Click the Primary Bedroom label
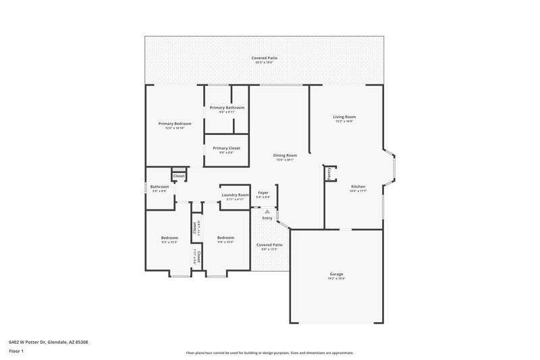[x=175, y=124]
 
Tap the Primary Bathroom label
[x=227, y=107]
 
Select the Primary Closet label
[x=226, y=148]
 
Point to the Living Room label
[x=344, y=117]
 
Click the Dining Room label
[x=286, y=155]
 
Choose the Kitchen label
[x=358, y=186]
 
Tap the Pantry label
[x=329, y=174]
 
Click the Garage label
[x=336, y=274]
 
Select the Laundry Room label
[x=235, y=195]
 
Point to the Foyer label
[x=263, y=192]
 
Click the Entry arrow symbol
[x=267, y=211]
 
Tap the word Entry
[x=267, y=217]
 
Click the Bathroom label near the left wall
[x=159, y=186]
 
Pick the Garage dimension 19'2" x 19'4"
[x=336, y=279]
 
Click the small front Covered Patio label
[x=269, y=245]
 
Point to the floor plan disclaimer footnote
[x=269, y=353]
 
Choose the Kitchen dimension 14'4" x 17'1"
[x=358, y=191]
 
